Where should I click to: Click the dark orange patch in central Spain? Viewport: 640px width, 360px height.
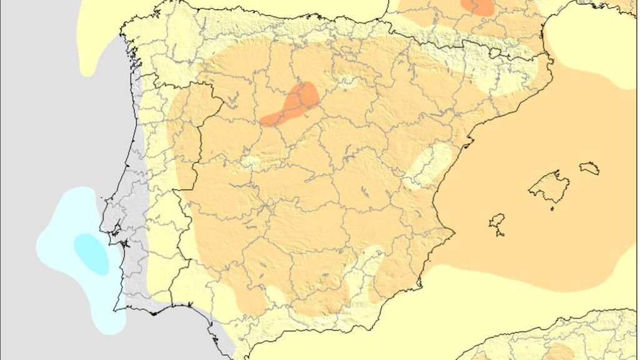coord(292,104)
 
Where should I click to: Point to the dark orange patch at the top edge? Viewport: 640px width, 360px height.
coord(478,6)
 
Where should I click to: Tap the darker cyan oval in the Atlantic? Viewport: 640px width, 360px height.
coord(91,252)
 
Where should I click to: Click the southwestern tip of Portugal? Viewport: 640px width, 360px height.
coord(116,309)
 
